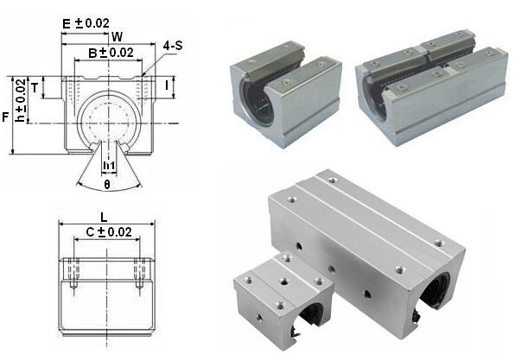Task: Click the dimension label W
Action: click(117, 36)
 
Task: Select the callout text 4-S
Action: click(173, 46)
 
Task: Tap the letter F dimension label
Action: click(5, 117)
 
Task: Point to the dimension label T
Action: click(35, 88)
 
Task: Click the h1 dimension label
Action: click(109, 165)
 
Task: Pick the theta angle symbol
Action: click(107, 184)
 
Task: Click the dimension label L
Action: click(104, 218)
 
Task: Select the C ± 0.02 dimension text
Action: click(109, 232)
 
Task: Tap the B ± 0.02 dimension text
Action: click(111, 53)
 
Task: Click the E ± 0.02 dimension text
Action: click(86, 23)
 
